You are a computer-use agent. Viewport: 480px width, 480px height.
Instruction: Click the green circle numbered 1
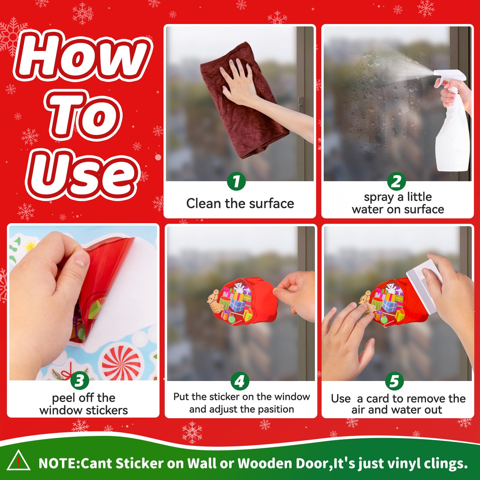click(236, 181)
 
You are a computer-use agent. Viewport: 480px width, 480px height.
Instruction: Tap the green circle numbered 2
click(396, 181)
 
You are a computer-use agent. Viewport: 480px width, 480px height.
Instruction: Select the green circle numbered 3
click(80, 380)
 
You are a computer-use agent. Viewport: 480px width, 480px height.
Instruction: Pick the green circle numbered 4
click(240, 381)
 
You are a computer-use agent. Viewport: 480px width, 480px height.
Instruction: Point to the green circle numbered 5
click(394, 381)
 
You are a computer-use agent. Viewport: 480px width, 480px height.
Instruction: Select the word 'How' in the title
click(82, 55)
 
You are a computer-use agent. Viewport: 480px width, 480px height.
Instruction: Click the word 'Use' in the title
click(82, 174)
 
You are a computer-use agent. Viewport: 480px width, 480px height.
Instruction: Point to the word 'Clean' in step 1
click(204, 203)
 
